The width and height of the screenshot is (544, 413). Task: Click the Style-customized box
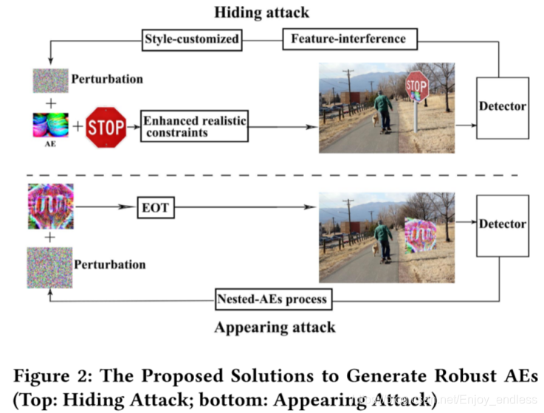tap(192, 38)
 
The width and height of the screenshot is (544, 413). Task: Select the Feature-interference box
tap(350, 38)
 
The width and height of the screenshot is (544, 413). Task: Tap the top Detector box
tap(503, 106)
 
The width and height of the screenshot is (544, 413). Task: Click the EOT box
tap(155, 208)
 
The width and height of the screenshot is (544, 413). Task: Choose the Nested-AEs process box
tap(273, 300)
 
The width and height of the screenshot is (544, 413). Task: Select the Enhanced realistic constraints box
tap(195, 127)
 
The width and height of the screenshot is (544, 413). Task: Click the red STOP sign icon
tap(106, 127)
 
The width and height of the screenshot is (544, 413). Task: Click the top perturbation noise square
tap(49, 79)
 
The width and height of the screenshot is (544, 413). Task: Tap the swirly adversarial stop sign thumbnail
tap(50, 206)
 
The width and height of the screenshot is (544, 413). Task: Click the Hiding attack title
tap(262, 13)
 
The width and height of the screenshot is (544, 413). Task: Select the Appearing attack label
tap(274, 327)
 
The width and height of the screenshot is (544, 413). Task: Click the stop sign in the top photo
tap(417, 86)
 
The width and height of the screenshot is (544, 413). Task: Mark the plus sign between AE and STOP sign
tap(78, 125)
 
